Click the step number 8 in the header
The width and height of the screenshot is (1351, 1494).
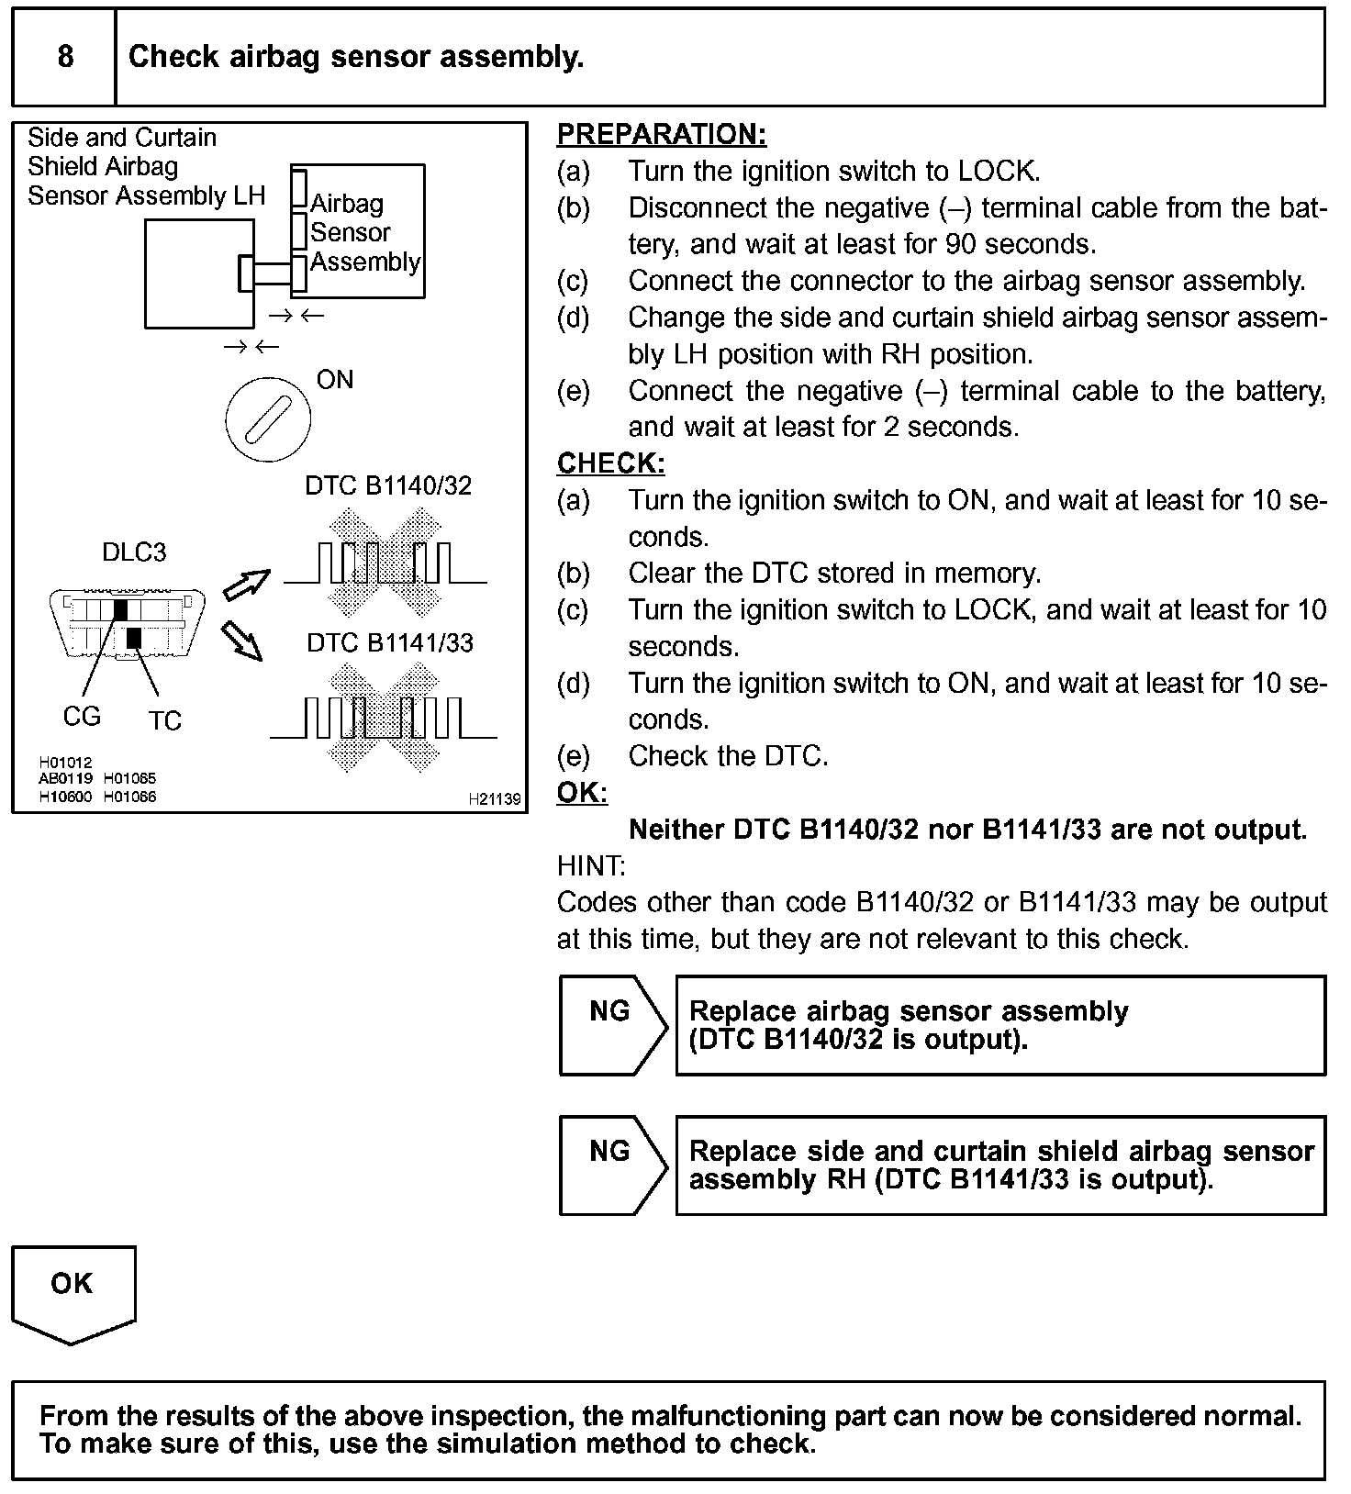pyautogui.click(x=65, y=57)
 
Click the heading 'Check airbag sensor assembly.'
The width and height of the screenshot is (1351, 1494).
pyautogui.click(x=356, y=57)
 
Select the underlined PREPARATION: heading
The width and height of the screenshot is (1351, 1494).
pyautogui.click(x=661, y=135)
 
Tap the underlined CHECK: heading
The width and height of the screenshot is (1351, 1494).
pyautogui.click(x=610, y=463)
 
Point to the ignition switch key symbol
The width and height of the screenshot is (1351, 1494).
pyautogui.click(x=268, y=419)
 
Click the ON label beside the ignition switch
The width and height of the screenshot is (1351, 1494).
pyautogui.click(x=334, y=380)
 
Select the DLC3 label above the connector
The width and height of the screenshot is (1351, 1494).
pyautogui.click(x=134, y=552)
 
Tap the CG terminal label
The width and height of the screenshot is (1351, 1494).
pyautogui.click(x=82, y=717)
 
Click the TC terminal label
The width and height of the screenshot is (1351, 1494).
pyautogui.click(x=165, y=721)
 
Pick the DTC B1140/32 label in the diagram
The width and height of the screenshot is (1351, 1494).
pyautogui.click(x=388, y=485)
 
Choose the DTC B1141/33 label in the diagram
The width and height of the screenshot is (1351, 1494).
pyautogui.click(x=390, y=642)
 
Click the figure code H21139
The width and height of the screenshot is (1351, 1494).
pyautogui.click(x=494, y=799)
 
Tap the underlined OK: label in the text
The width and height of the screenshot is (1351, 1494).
pyautogui.click(x=582, y=793)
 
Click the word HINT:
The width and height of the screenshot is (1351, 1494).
pyautogui.click(x=591, y=865)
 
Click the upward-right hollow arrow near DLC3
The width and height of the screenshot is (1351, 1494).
pyautogui.click(x=247, y=585)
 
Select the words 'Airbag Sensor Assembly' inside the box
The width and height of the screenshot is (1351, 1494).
pyautogui.click(x=364, y=232)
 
